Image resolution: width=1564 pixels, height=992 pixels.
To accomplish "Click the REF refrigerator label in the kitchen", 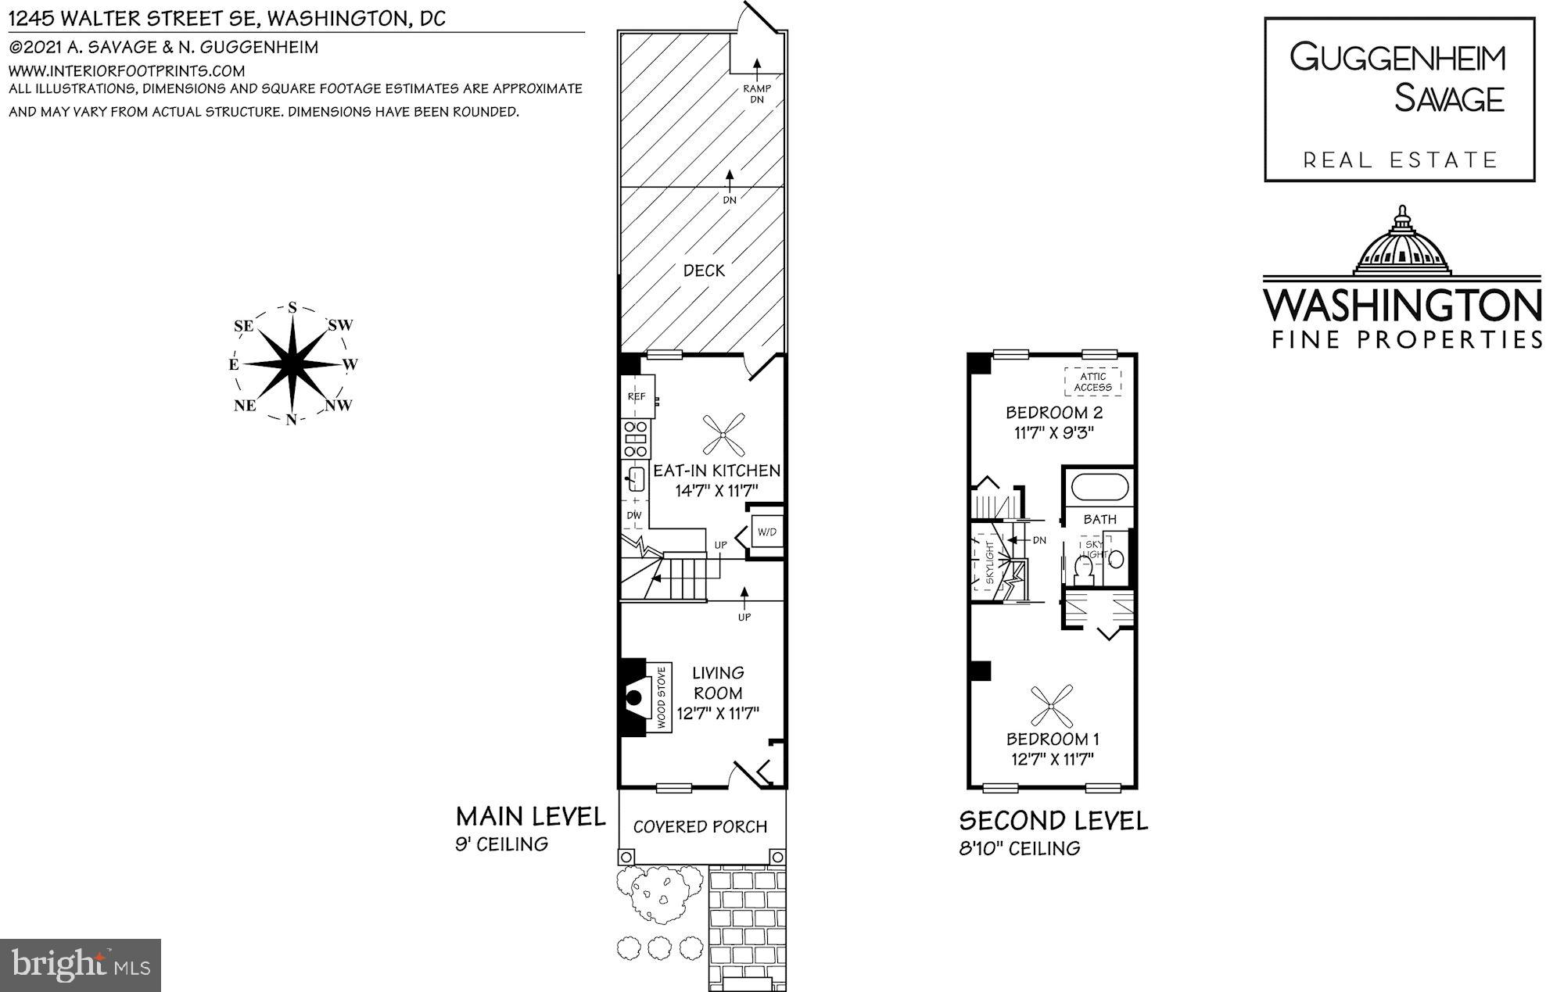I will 636,396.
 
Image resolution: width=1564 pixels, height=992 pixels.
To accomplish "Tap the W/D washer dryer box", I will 766,532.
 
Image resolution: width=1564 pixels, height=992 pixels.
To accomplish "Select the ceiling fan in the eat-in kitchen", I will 722,436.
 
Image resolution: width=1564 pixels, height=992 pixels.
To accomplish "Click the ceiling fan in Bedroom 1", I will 1052,706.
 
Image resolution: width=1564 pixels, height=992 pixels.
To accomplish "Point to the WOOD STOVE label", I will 662,698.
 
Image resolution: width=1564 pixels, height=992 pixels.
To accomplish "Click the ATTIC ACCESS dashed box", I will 1092,381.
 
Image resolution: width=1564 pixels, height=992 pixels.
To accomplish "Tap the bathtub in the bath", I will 1099,487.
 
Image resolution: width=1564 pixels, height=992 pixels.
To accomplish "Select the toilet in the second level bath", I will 1084,569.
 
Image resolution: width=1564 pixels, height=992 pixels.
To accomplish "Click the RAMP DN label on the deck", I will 757,93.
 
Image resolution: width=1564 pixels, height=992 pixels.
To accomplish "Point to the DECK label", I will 704,270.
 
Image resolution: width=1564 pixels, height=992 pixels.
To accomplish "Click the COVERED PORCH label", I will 700,826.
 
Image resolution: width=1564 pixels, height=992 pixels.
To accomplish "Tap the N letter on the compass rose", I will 291,420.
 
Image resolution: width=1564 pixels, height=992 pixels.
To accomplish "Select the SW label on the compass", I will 340,325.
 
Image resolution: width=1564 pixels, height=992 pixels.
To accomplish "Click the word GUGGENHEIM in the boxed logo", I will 1397,58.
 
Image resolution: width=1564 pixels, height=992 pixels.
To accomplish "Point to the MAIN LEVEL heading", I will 530,817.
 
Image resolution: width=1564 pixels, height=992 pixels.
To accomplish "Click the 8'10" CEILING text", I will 1020,848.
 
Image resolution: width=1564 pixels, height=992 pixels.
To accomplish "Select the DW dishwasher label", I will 633,515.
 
